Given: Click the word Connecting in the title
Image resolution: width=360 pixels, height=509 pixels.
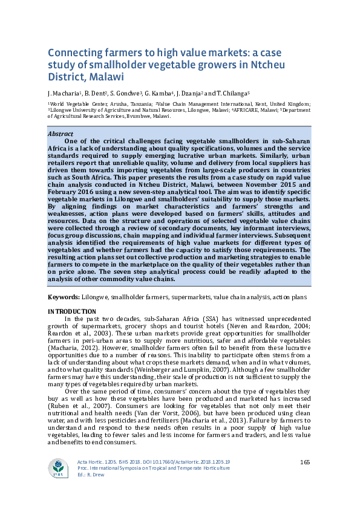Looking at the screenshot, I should pyautogui.click(x=74, y=53).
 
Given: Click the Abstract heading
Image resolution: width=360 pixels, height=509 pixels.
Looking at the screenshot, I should pyautogui.click(x=61, y=134).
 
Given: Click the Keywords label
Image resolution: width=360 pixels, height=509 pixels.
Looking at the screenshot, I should pyautogui.click(x=64, y=297).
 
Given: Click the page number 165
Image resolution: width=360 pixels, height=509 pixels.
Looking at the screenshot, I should pyautogui.click(x=305, y=462).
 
